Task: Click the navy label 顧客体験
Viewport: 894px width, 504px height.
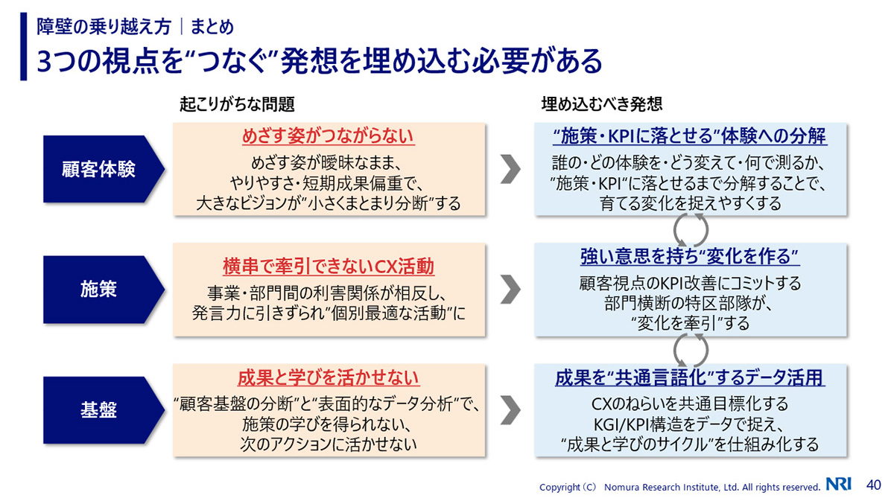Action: click(98, 169)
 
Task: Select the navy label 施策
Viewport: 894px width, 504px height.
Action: click(98, 289)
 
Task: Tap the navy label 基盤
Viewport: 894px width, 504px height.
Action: click(98, 409)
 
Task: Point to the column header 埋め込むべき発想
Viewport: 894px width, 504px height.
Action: click(601, 103)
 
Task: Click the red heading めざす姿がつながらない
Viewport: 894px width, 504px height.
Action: click(329, 137)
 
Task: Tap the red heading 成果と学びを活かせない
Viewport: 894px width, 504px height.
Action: click(329, 377)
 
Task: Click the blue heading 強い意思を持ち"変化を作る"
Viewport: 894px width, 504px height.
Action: click(690, 258)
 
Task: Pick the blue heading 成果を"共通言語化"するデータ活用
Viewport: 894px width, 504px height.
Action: click(690, 377)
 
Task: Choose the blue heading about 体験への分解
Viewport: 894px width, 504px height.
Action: click(690, 137)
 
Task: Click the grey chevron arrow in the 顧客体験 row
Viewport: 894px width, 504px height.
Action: click(510, 169)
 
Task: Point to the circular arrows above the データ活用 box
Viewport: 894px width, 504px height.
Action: click(690, 348)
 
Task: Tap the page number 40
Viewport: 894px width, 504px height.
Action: click(872, 485)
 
